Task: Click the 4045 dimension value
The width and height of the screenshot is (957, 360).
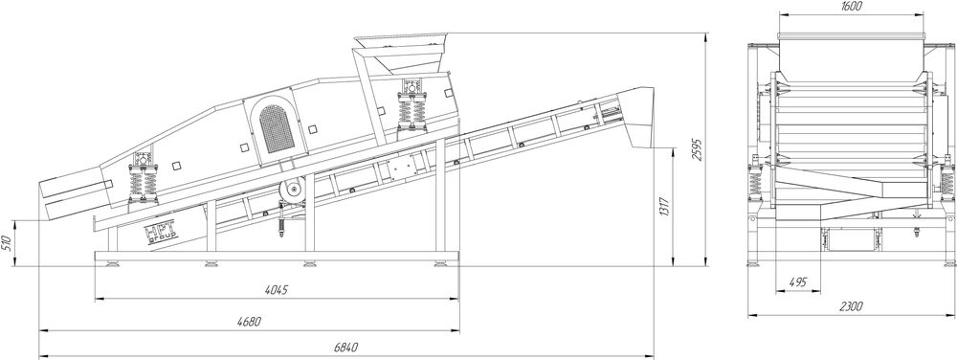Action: (x=277, y=290)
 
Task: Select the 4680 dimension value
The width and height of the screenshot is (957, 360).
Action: (x=249, y=322)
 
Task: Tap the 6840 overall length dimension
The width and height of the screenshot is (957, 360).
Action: (x=346, y=348)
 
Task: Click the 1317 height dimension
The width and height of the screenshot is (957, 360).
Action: (x=665, y=208)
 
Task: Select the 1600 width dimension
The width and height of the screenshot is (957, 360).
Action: (x=851, y=7)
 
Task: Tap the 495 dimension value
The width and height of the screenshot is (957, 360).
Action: (x=798, y=282)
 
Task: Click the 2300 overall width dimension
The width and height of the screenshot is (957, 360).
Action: (x=851, y=307)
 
